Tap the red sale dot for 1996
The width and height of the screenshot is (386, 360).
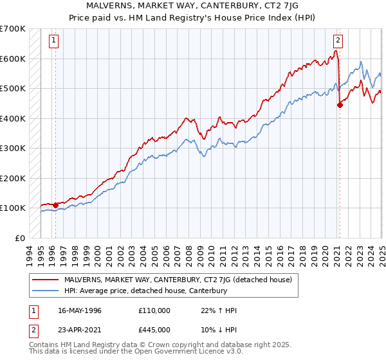[55, 206]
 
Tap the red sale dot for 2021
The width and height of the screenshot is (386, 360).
[340, 106]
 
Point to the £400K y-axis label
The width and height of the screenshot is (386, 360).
[12, 118]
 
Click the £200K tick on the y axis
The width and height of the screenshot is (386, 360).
[12, 178]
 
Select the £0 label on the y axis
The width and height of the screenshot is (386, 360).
[19, 238]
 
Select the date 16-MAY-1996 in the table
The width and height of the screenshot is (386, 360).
[78, 310]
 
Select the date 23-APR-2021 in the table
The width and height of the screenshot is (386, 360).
[78, 329]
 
